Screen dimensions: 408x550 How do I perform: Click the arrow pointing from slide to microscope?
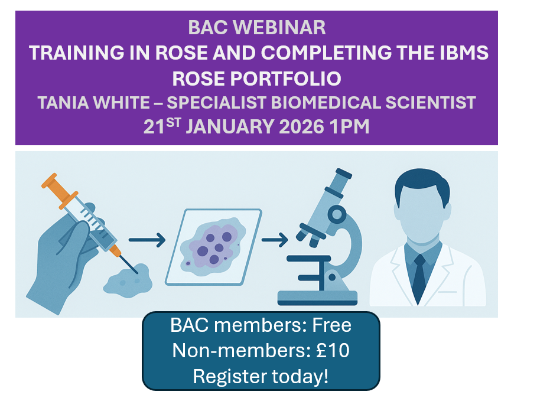(x=275, y=240)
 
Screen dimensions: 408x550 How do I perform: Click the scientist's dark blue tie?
(x=421, y=275)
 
